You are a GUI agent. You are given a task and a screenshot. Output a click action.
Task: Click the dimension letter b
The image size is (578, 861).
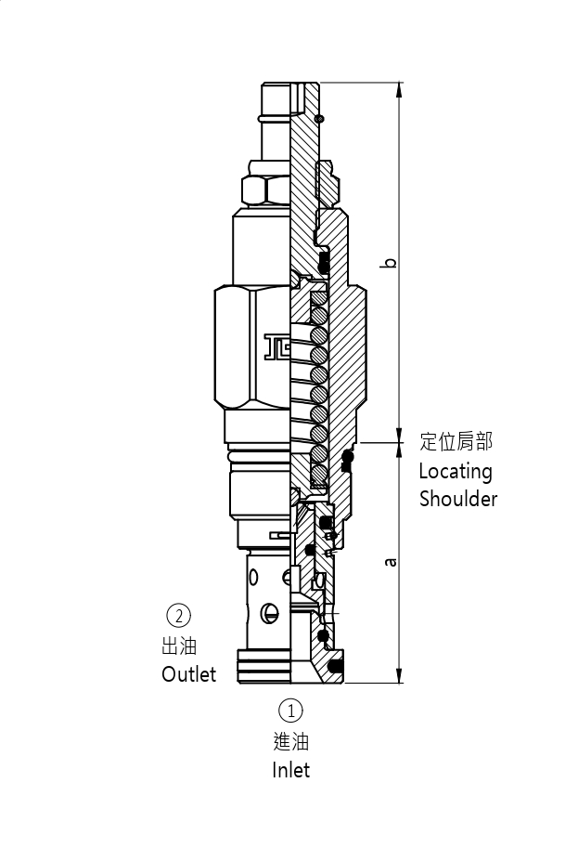click(x=392, y=262)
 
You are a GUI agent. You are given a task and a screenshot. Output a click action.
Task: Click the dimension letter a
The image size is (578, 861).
click(x=392, y=562)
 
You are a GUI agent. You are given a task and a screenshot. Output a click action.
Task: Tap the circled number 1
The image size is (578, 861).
click(x=290, y=711)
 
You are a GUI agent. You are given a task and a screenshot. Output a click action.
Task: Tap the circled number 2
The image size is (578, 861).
click(x=178, y=615)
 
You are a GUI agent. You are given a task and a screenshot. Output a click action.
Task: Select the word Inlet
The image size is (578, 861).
click(x=290, y=770)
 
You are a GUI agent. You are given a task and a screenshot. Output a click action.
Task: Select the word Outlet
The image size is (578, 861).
click(x=188, y=674)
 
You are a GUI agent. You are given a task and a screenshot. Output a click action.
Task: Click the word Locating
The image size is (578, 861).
click(x=455, y=472)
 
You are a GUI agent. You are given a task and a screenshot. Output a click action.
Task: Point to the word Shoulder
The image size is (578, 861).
click(x=458, y=499)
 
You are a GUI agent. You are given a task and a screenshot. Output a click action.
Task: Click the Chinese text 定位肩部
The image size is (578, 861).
click(x=456, y=441)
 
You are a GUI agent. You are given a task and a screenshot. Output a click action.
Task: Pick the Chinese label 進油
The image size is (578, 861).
click(x=290, y=741)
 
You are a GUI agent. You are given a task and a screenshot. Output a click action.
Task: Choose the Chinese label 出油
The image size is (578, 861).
click(x=179, y=646)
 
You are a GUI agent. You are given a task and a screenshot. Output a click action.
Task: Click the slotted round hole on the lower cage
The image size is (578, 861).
click(x=270, y=612)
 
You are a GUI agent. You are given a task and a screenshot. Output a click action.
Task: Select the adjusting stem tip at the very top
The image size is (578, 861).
click(x=276, y=90)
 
